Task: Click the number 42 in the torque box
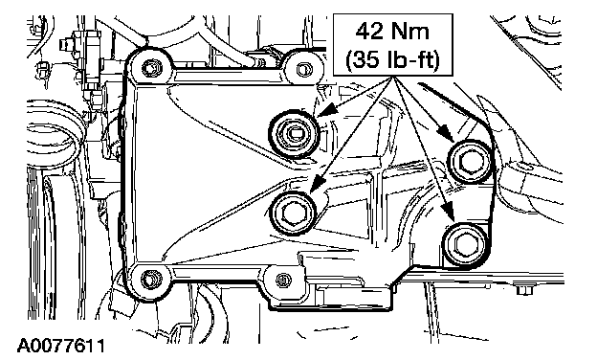(x=369, y=32)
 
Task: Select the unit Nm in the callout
(x=410, y=32)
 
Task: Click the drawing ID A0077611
(x=61, y=346)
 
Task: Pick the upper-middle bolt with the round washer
(x=293, y=134)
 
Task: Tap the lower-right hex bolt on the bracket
(x=465, y=245)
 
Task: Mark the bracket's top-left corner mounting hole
(x=149, y=68)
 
